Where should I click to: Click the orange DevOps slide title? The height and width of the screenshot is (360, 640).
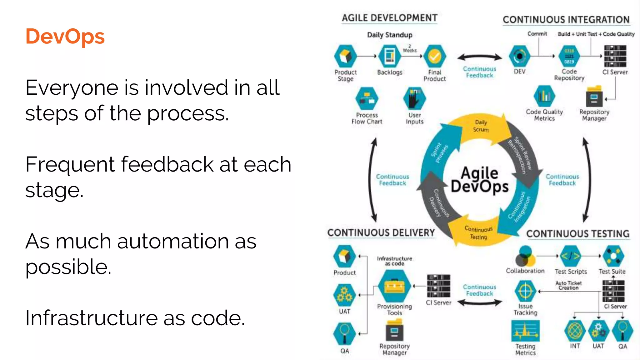[65, 37]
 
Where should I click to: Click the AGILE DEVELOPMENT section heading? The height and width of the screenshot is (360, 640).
[389, 18]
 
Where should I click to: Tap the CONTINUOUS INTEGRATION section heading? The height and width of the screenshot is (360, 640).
[566, 20]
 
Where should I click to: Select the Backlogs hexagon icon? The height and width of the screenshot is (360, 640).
[389, 56]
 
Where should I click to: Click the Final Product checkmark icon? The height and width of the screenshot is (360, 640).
[434, 56]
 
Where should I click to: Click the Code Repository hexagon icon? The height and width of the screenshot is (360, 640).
[569, 56]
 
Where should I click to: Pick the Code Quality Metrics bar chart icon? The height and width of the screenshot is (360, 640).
[544, 96]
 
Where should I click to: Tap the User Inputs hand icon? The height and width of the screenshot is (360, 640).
[414, 98]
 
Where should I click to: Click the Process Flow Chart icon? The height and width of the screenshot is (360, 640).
[367, 98]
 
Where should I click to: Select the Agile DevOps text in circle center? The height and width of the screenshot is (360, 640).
[480, 180]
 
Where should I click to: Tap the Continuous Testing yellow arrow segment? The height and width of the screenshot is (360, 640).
[478, 233]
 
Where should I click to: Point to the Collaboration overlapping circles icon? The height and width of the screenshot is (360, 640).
[525, 256]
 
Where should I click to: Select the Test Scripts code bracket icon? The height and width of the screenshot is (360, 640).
[571, 256]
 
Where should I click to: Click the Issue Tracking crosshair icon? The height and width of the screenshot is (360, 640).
[525, 291]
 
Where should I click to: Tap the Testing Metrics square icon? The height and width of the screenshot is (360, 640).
[525, 331]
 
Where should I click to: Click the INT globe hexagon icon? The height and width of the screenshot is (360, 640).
[575, 331]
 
